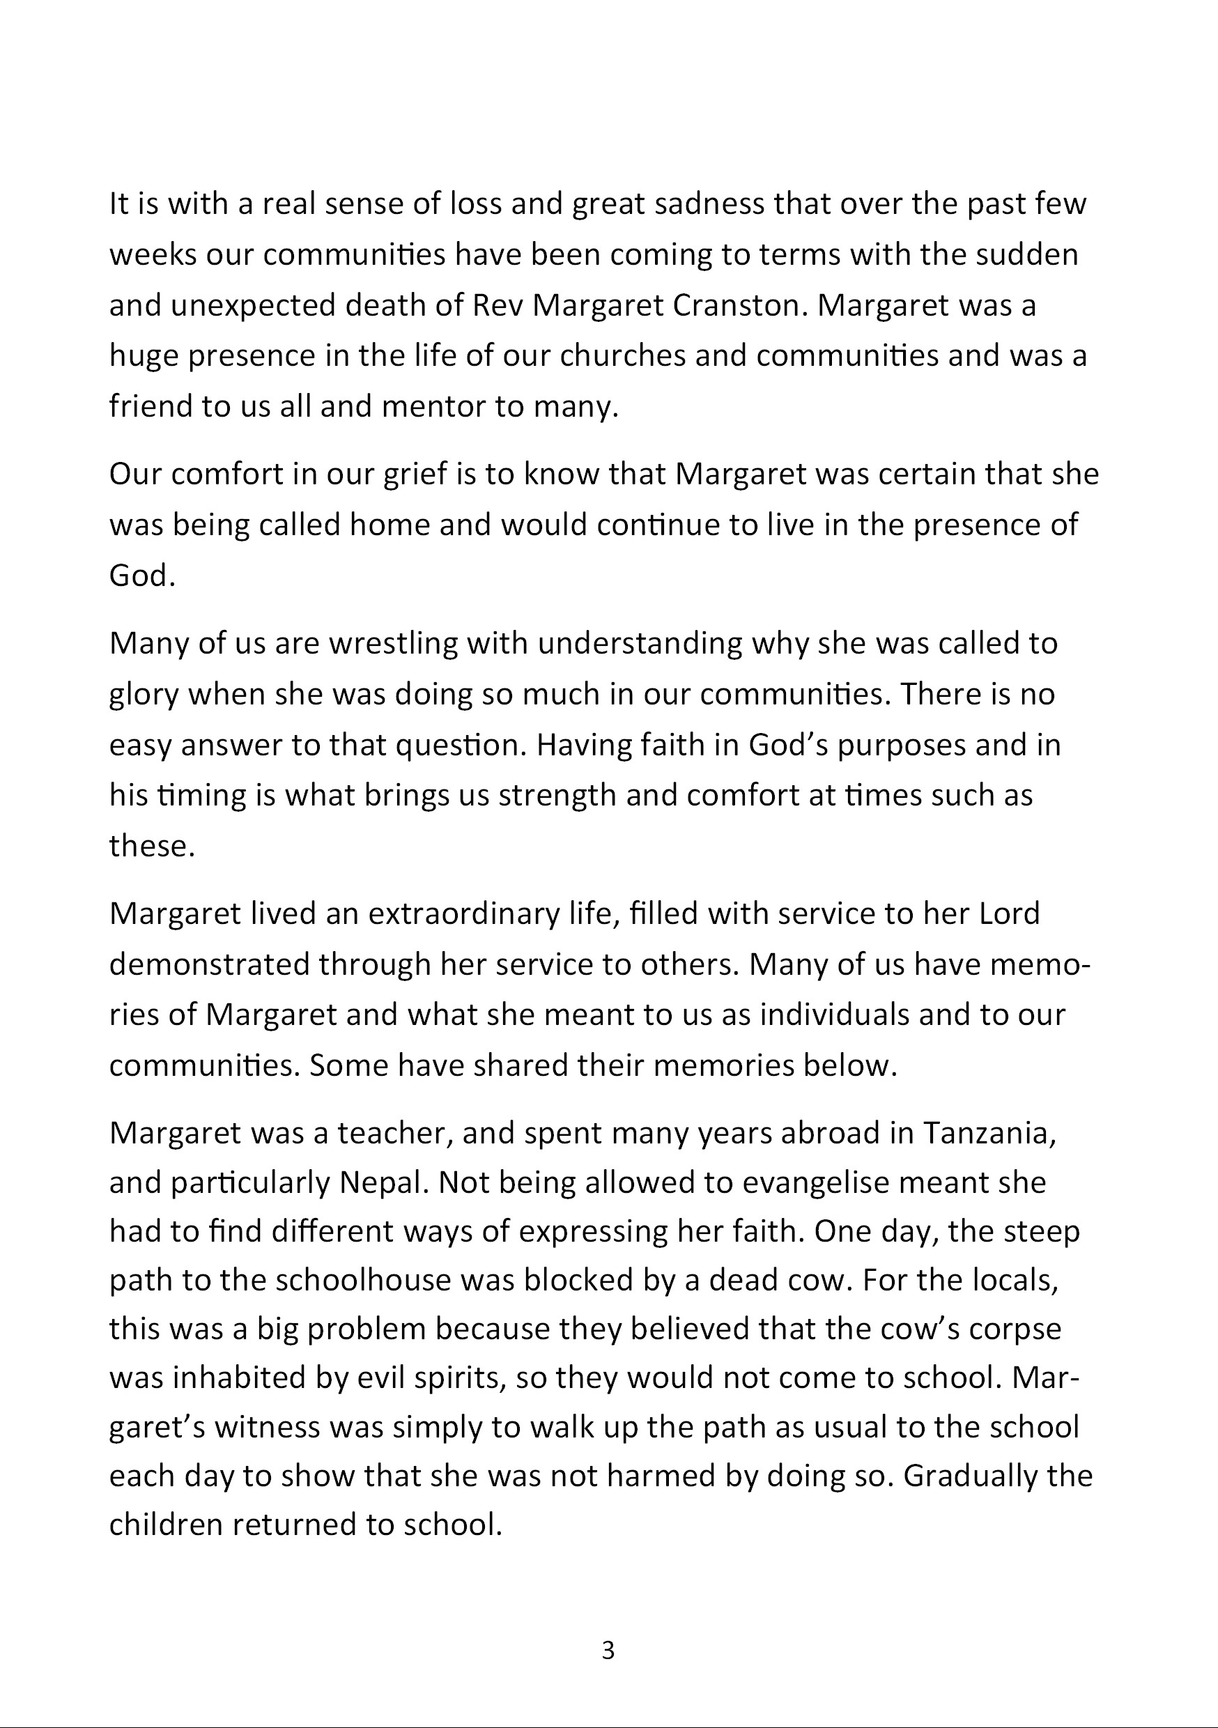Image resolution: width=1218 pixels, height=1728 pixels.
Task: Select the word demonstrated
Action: pos(209,964)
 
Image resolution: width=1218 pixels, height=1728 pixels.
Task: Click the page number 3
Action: pos(608,1651)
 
